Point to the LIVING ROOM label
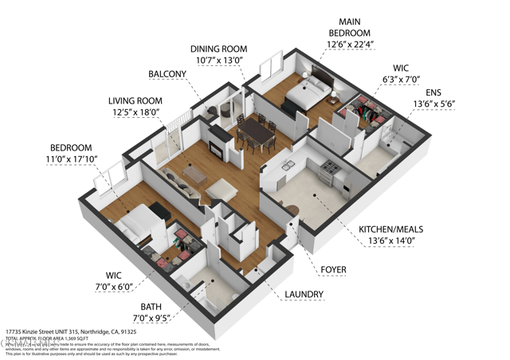coord(135,101)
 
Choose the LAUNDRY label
coord(304,295)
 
